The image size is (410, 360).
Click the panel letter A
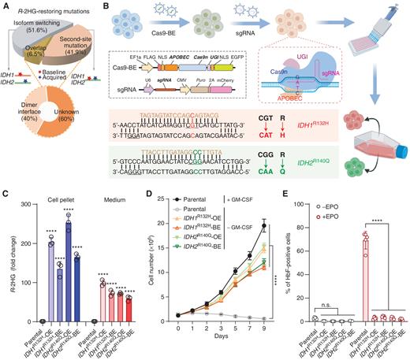click(5, 6)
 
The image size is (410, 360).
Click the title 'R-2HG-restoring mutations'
click(53, 7)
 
